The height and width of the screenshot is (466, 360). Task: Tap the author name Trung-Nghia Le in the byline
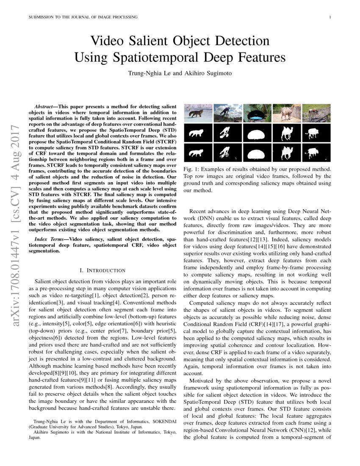pyautogui.click(x=149, y=73)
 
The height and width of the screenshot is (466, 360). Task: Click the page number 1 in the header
pyautogui.click(x=330, y=17)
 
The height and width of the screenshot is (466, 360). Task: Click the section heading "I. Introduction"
pyautogui.click(x=102, y=270)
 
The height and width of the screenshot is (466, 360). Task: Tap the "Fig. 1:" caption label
pyautogui.click(x=189, y=169)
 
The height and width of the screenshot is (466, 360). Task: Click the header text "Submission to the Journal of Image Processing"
pyautogui.click(x=83, y=17)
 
